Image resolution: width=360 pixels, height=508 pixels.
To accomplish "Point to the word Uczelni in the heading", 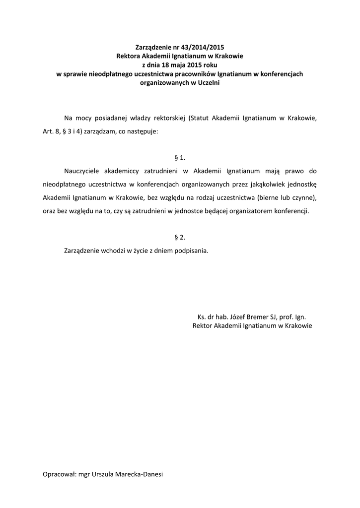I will (x=209, y=83).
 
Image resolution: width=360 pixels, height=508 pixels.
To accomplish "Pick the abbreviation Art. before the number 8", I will (x=42, y=132).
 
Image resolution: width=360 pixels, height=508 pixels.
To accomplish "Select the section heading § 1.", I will (x=180, y=158).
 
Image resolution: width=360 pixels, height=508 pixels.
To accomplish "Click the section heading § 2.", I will (x=180, y=237).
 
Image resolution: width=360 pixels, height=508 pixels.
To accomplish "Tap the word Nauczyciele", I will (x=83, y=171).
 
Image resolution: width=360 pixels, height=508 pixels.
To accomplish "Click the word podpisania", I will (x=191, y=251).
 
